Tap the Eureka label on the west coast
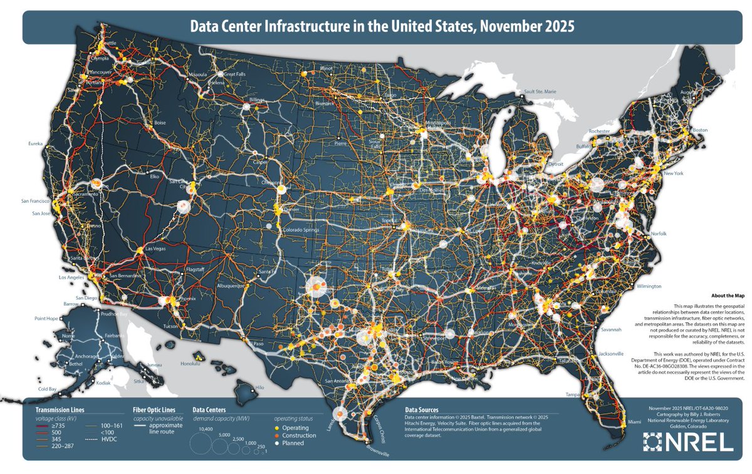point(34,143)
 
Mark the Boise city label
point(159,123)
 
